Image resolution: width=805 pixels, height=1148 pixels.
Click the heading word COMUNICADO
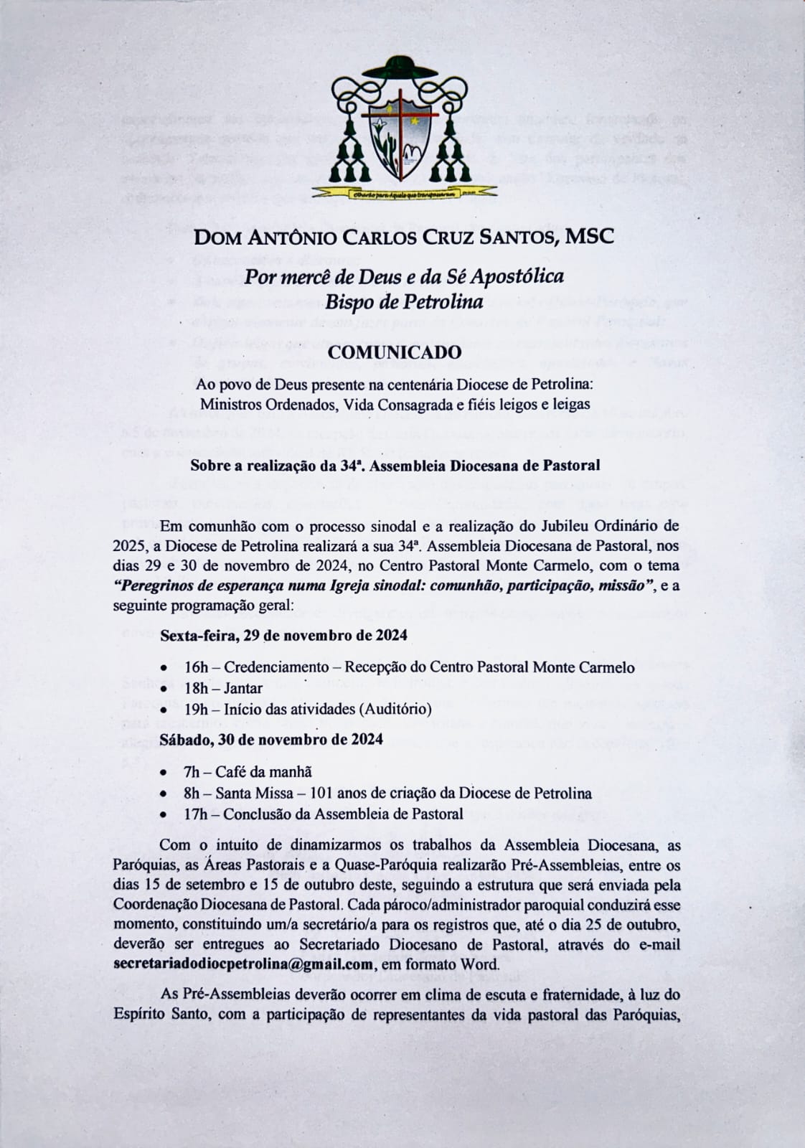pyautogui.click(x=394, y=353)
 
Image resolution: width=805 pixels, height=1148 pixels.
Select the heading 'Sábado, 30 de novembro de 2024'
pyautogui.click(x=270, y=739)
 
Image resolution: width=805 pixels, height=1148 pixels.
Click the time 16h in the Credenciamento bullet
pyautogui.click(x=195, y=667)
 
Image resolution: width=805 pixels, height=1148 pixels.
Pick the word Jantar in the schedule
pyautogui.click(x=243, y=688)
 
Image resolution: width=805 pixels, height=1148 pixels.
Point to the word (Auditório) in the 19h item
pyautogui.click(x=397, y=709)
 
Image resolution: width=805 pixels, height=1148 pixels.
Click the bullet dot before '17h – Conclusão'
pyautogui.click(x=165, y=814)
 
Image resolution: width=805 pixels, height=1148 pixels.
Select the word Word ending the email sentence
pyautogui.click(x=481, y=964)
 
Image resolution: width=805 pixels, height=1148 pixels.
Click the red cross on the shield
pyautogui.click(x=399, y=118)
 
